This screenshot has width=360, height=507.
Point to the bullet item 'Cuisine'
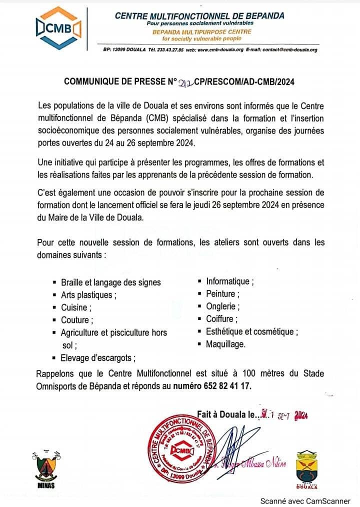tap(74, 307)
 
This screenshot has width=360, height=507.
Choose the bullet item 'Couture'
tap(74, 320)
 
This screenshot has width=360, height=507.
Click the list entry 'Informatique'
tap(229, 281)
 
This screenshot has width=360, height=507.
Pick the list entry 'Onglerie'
tap(222, 306)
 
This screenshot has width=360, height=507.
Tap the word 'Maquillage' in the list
tap(225, 344)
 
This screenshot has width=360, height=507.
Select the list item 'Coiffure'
tap(221, 319)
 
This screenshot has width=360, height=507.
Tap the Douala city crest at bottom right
tap(307, 469)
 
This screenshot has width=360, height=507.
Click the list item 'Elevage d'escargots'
tap(98, 357)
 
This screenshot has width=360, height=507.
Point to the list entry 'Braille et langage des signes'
tap(110, 282)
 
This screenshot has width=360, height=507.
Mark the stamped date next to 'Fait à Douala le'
tap(286, 414)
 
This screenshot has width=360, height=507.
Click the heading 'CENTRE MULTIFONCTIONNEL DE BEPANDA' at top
tap(199, 15)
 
